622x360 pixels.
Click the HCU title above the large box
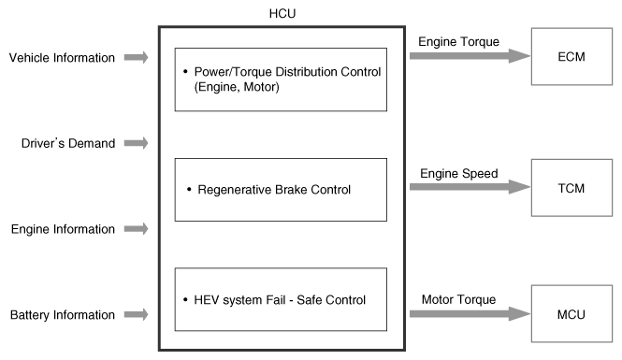click(x=282, y=13)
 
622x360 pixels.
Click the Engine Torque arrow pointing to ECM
click(x=470, y=56)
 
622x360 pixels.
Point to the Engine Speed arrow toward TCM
click(x=470, y=187)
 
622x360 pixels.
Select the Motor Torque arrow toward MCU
click(x=470, y=313)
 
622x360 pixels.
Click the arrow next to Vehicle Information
click(x=136, y=57)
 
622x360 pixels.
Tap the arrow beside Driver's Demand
click(x=136, y=143)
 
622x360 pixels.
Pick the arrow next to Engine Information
click(x=136, y=229)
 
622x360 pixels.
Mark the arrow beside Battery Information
click(x=136, y=314)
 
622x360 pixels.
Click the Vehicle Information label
click(x=62, y=57)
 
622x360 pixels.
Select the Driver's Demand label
click(x=68, y=143)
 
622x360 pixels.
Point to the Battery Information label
click(x=63, y=315)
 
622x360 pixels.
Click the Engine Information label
click(x=63, y=229)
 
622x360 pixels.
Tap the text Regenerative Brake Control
click(x=274, y=190)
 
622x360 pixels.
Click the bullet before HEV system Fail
click(x=185, y=299)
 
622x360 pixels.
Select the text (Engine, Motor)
click(x=237, y=87)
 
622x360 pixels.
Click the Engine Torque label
click(x=458, y=42)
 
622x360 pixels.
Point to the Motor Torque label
click(x=458, y=299)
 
